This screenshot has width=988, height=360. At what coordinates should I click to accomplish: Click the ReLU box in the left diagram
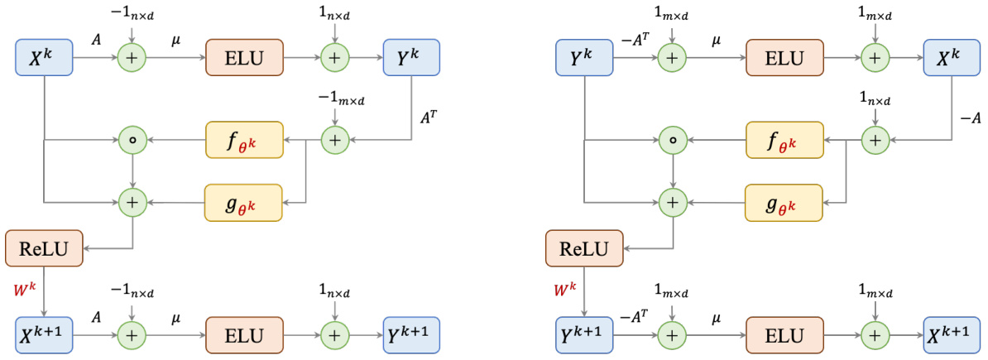45,247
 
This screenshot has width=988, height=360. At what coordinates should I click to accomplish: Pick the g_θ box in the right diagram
784,201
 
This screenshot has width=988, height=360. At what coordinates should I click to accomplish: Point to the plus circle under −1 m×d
334,141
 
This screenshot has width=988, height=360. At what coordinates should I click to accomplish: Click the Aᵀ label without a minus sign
429,118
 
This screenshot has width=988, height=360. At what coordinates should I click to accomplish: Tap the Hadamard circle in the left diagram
132,141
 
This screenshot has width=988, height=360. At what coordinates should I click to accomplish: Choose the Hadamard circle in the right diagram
673,141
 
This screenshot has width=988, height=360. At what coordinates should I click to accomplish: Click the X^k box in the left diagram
45,59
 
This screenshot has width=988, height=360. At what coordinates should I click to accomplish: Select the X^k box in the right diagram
951,59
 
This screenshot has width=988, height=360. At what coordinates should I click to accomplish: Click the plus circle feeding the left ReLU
132,201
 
